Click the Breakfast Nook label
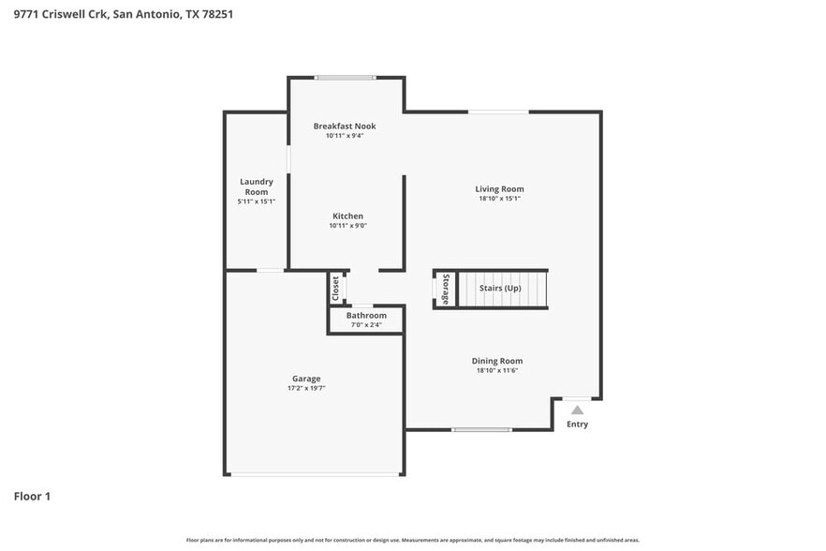(x=345, y=126)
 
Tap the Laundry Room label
(x=256, y=186)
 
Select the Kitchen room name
(x=347, y=216)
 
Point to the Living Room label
(x=499, y=188)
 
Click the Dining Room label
(x=496, y=361)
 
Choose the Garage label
(x=306, y=379)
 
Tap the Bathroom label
(x=366, y=316)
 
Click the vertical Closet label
(x=335, y=289)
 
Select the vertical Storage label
(x=447, y=289)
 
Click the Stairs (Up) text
(x=500, y=288)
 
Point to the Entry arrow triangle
(x=578, y=410)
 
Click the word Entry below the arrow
(x=578, y=424)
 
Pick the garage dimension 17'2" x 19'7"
(x=306, y=388)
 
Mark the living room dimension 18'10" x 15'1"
(x=499, y=198)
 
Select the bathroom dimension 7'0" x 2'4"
(x=366, y=325)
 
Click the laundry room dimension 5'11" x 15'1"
(x=256, y=201)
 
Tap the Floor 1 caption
(x=32, y=496)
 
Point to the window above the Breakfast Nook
(x=346, y=78)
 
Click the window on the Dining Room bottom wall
(x=481, y=430)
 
